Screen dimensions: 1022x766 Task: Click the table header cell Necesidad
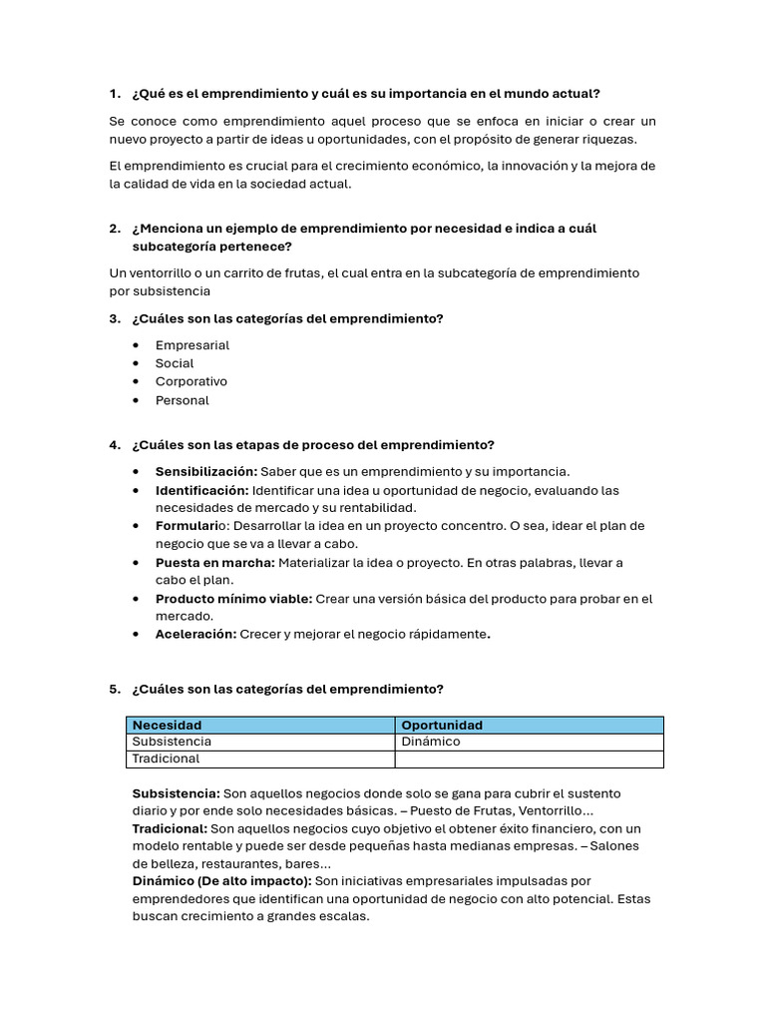pyautogui.click(x=168, y=725)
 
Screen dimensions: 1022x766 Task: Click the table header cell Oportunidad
pyautogui.click(x=441, y=725)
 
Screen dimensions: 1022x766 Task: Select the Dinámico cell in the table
pyautogui.click(x=430, y=742)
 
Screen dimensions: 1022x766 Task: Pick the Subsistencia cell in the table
pyautogui.click(x=172, y=742)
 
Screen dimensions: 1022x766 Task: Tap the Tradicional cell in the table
pyautogui.click(x=166, y=759)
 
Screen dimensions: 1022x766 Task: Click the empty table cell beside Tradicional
pyautogui.click(x=529, y=759)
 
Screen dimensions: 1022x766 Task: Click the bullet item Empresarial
pyautogui.click(x=192, y=345)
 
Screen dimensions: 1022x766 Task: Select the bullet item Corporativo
pyautogui.click(x=191, y=381)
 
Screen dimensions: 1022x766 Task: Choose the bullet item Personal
pyautogui.click(x=183, y=400)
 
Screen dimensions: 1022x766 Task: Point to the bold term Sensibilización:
pyautogui.click(x=206, y=471)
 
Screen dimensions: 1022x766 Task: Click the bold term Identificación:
pyautogui.click(x=202, y=490)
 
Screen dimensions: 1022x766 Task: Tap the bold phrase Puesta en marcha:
pyautogui.click(x=214, y=562)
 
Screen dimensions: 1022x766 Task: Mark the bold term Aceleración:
pyautogui.click(x=196, y=635)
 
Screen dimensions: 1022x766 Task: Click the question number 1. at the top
pyautogui.click(x=115, y=94)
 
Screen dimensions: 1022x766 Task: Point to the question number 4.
pyautogui.click(x=115, y=445)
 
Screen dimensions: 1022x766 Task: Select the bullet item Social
pyautogui.click(x=175, y=363)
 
